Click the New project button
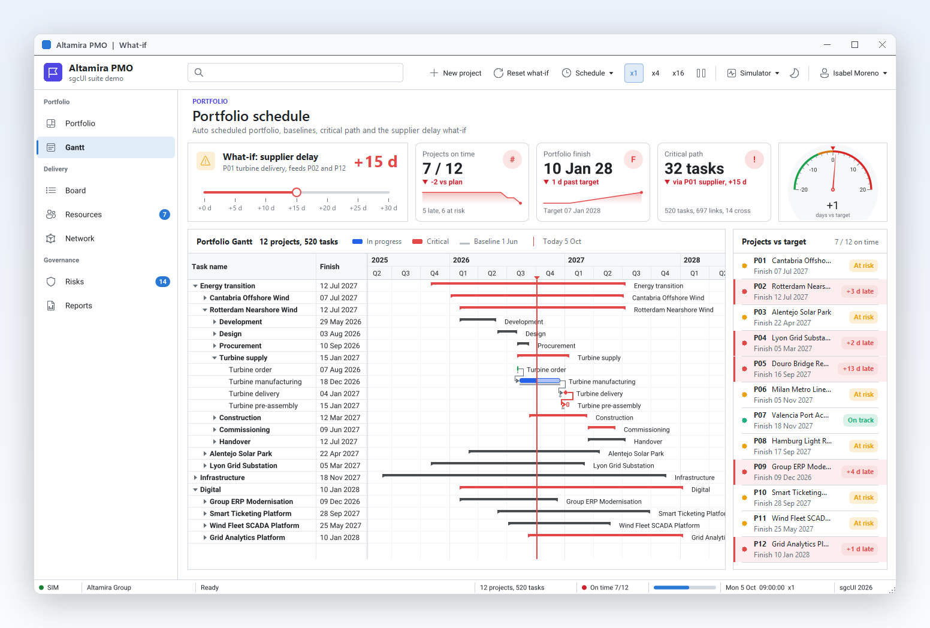coord(455,73)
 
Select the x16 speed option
coord(678,73)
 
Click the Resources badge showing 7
coord(164,215)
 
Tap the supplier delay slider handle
coord(297,192)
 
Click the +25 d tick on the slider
coord(358,208)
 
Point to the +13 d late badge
coord(857,369)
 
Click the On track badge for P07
coord(860,420)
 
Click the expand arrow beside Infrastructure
coord(195,478)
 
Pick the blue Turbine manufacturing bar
coord(539,381)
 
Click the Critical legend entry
coord(430,241)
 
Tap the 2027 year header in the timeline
coord(576,260)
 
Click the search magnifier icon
coord(199,73)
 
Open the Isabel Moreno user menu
coord(853,73)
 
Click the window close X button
coord(882,45)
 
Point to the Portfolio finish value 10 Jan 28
coord(578,168)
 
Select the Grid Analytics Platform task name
coord(247,538)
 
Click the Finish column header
coord(329,267)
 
